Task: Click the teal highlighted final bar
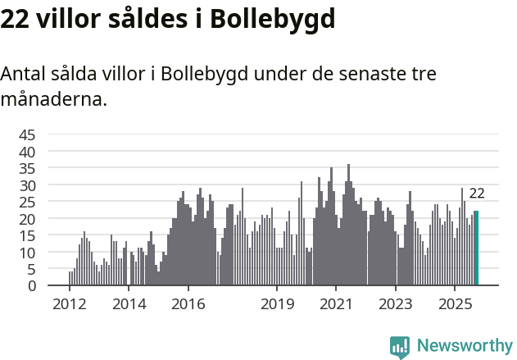pyautogui.click(x=476, y=248)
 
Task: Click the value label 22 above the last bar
pyautogui.click(x=477, y=194)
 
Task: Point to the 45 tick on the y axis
pyautogui.click(x=28, y=134)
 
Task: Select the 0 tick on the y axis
pyautogui.click(x=32, y=285)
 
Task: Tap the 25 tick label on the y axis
pyautogui.click(x=28, y=202)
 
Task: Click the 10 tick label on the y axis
pyautogui.click(x=28, y=252)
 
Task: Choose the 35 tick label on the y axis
pyautogui.click(x=28, y=168)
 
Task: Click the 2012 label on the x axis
pyautogui.click(x=69, y=303)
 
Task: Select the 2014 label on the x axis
pyautogui.click(x=129, y=303)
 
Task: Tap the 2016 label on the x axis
pyautogui.click(x=188, y=303)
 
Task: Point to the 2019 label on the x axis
pyautogui.click(x=277, y=303)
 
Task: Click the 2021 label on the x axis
pyautogui.click(x=337, y=303)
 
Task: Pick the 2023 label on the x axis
pyautogui.click(x=396, y=303)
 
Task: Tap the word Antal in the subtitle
pyautogui.click(x=24, y=74)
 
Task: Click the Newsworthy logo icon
pyautogui.click(x=400, y=346)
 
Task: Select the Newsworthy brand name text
pyautogui.click(x=464, y=346)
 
